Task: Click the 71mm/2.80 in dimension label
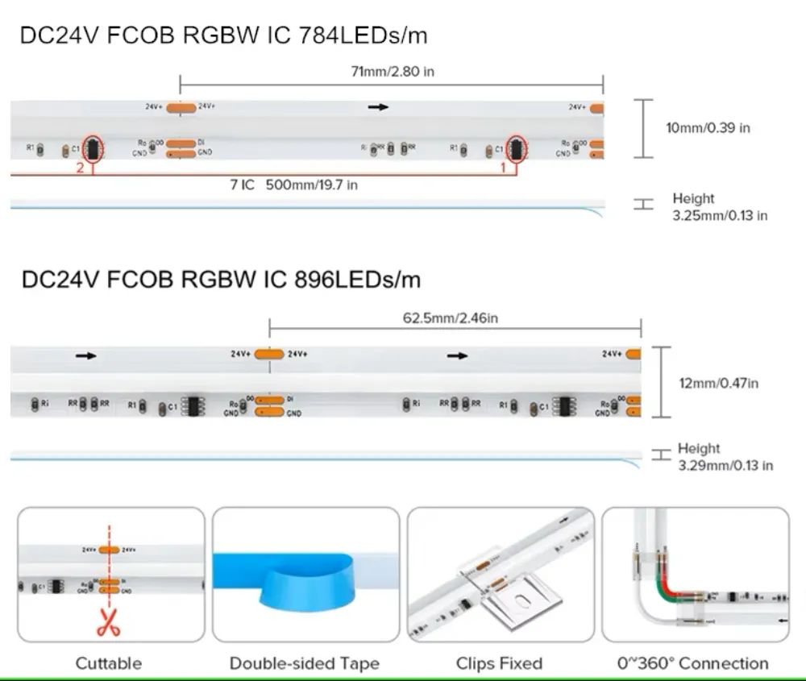[x=393, y=72]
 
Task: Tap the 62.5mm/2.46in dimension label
[x=451, y=318]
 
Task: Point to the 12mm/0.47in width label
[x=718, y=383]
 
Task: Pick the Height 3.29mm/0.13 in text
[x=724, y=457]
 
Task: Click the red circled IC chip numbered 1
[x=516, y=148]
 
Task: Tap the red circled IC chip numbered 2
[x=92, y=148]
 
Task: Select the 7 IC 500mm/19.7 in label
[x=293, y=185]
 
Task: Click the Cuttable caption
[x=109, y=663]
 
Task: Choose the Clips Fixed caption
[x=499, y=663]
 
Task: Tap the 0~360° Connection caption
[x=693, y=663]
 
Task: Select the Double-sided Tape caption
[x=305, y=663]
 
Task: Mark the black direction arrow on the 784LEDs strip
[x=377, y=106]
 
